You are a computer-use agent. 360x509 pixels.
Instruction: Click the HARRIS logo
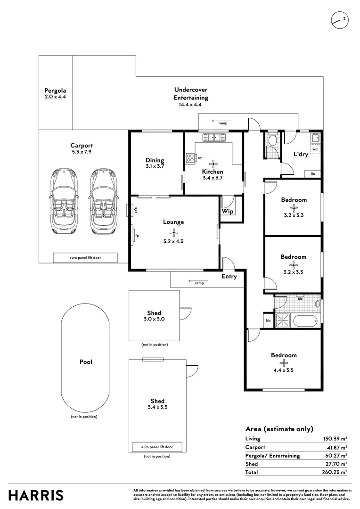click(36, 495)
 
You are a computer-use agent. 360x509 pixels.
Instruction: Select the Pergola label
click(55, 90)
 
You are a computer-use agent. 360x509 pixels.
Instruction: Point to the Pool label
click(86, 362)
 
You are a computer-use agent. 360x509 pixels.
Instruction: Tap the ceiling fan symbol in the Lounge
click(174, 232)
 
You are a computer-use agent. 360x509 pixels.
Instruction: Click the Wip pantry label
click(228, 212)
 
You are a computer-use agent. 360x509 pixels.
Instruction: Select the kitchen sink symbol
click(214, 138)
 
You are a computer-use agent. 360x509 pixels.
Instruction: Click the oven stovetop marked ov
click(190, 157)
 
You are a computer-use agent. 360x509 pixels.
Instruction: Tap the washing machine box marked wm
click(315, 148)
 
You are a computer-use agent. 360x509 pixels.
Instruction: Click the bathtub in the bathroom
click(306, 320)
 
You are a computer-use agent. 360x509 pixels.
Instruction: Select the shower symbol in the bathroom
click(283, 320)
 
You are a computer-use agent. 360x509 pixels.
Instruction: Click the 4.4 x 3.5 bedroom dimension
click(283, 370)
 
